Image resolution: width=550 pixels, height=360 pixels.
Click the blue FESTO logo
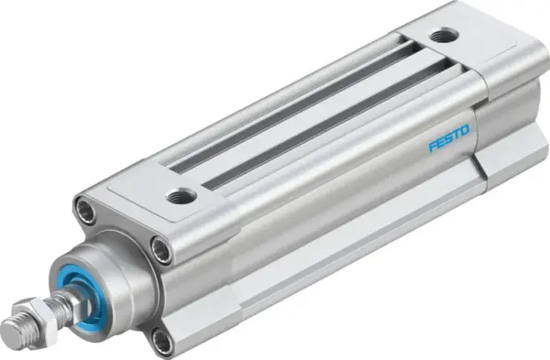click(x=449, y=138)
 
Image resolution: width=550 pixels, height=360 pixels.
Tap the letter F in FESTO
click(x=431, y=146)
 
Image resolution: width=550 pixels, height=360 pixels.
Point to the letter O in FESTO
click(x=466, y=131)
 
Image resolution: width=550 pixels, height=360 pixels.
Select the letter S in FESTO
click(x=448, y=138)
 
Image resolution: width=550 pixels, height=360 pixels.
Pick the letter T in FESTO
click(x=456, y=135)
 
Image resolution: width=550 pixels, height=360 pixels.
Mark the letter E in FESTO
click(x=439, y=142)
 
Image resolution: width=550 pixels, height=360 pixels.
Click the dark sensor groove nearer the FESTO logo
click(x=321, y=128)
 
